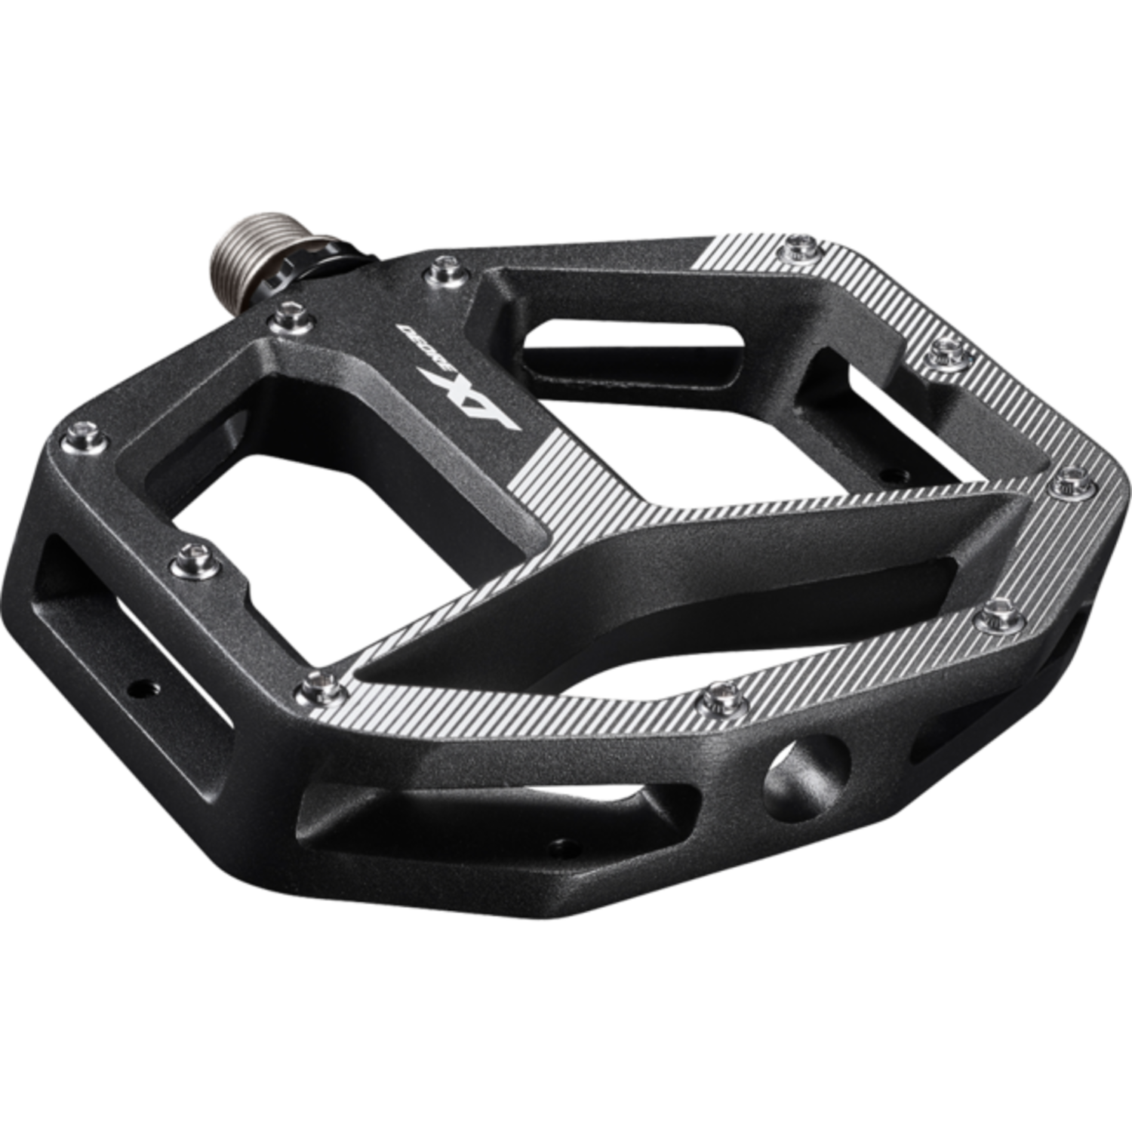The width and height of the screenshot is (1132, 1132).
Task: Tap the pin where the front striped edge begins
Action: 313,685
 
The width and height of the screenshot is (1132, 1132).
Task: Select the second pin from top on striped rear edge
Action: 943,349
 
